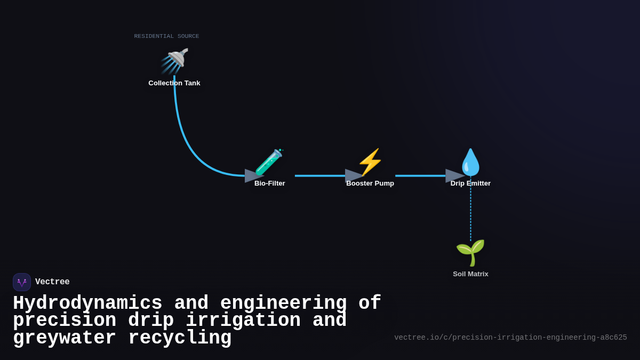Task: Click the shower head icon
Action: (175, 60)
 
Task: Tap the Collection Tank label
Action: (174, 83)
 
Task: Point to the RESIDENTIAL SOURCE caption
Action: (166, 36)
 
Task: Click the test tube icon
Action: (269, 162)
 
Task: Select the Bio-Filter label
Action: (270, 183)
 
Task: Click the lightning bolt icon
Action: (370, 162)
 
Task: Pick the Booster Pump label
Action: (370, 183)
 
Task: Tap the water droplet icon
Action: (470, 162)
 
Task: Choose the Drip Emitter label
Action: (470, 183)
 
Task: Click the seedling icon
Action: (470, 252)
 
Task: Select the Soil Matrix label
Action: (470, 274)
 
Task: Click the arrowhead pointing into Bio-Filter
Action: (253, 176)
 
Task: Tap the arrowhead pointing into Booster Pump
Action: (354, 176)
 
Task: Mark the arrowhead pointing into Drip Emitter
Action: (454, 176)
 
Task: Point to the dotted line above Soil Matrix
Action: (470, 211)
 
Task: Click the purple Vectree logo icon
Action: (22, 282)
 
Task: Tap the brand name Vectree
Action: (52, 282)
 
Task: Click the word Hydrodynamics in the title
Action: (87, 303)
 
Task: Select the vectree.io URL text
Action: (510, 338)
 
